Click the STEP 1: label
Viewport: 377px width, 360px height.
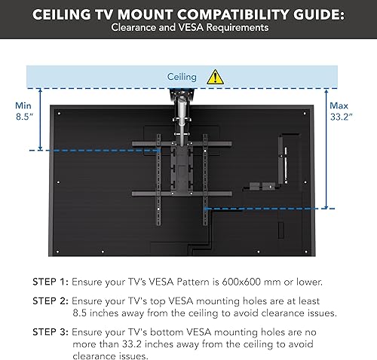click(x=51, y=282)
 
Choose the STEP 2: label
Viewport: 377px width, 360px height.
click(x=51, y=299)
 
